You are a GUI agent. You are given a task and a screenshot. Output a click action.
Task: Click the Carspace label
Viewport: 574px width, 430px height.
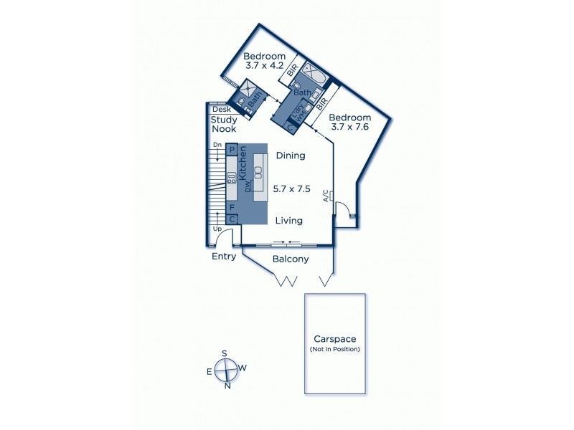(x=334, y=338)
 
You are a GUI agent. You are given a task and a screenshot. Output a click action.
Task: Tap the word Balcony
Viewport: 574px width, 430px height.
(x=291, y=259)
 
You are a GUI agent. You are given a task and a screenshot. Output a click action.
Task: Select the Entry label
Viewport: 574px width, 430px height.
(x=224, y=256)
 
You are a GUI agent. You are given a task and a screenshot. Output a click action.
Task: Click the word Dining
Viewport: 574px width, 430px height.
(x=290, y=155)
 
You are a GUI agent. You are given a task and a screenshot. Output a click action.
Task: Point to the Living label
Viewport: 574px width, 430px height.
(x=288, y=221)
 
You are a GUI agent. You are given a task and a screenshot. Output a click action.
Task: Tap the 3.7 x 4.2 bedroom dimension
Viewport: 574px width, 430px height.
(x=264, y=70)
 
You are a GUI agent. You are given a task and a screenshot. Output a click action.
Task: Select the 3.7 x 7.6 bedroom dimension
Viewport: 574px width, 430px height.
(x=350, y=128)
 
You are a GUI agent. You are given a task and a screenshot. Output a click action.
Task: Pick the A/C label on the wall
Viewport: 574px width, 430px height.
(x=326, y=195)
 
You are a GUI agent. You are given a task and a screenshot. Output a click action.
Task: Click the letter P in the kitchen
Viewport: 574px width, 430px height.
(x=232, y=150)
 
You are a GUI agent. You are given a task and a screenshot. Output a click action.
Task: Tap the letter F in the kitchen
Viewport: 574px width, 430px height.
(x=232, y=206)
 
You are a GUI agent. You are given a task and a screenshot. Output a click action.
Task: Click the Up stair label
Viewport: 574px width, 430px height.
(x=217, y=229)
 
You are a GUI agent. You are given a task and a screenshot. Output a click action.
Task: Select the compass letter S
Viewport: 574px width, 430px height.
(x=225, y=353)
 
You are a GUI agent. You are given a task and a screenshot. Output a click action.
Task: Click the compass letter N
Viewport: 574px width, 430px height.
(x=228, y=386)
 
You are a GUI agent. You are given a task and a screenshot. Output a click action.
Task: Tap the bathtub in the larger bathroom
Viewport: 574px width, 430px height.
(x=314, y=75)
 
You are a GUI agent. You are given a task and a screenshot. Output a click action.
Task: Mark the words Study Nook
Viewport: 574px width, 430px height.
(x=224, y=124)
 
